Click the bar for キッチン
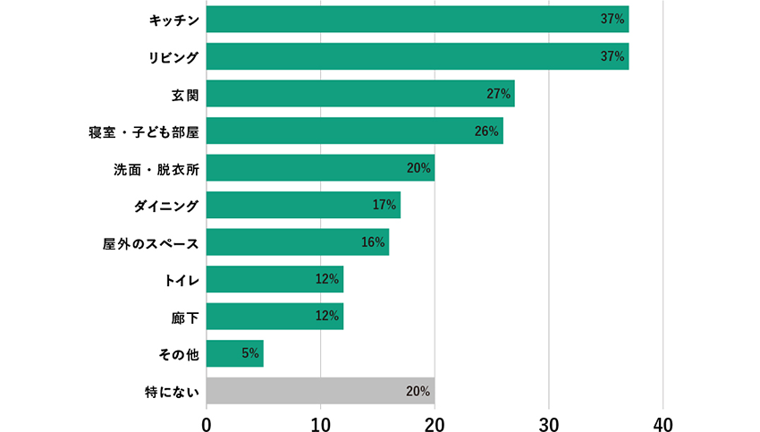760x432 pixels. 417,19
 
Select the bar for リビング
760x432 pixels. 417,56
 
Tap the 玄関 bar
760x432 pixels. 359,93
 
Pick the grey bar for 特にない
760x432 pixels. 319,391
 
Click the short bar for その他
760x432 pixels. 234,353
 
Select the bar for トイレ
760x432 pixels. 274,279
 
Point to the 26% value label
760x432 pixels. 486,131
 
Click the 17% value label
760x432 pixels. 384,205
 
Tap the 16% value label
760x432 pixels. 373,242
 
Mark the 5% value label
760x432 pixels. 250,353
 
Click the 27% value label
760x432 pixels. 498,93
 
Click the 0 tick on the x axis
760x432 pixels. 207,422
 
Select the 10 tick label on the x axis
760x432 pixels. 320,422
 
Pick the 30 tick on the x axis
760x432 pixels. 549,422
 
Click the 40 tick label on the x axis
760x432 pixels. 663,422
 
